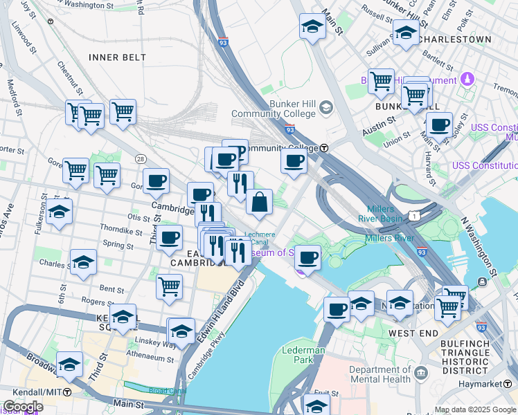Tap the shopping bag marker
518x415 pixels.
pos(259,204)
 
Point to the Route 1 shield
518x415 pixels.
pos(413,216)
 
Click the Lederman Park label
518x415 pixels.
pos(303,355)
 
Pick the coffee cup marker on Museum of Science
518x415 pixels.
pos(307,259)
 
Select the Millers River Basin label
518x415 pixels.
pos(376,214)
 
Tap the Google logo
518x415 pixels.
pos(22,407)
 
